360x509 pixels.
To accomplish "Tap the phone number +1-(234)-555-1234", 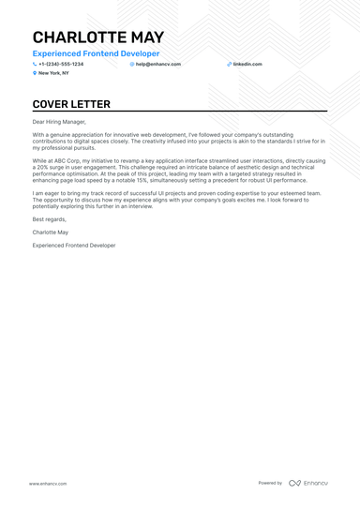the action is [61, 64].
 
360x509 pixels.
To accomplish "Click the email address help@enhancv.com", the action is [158, 64].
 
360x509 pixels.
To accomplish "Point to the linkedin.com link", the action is [247, 64].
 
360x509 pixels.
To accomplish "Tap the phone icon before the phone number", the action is [35, 64].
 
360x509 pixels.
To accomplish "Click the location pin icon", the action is [35, 72].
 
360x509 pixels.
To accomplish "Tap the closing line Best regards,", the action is [49, 218].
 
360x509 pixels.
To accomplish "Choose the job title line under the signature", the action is [74, 245].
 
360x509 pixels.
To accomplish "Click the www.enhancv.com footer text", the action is [46, 483].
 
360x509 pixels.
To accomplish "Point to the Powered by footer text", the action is [270, 483].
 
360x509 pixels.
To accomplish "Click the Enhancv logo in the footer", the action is [308, 483].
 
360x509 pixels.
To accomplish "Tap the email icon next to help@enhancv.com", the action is [132, 64].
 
